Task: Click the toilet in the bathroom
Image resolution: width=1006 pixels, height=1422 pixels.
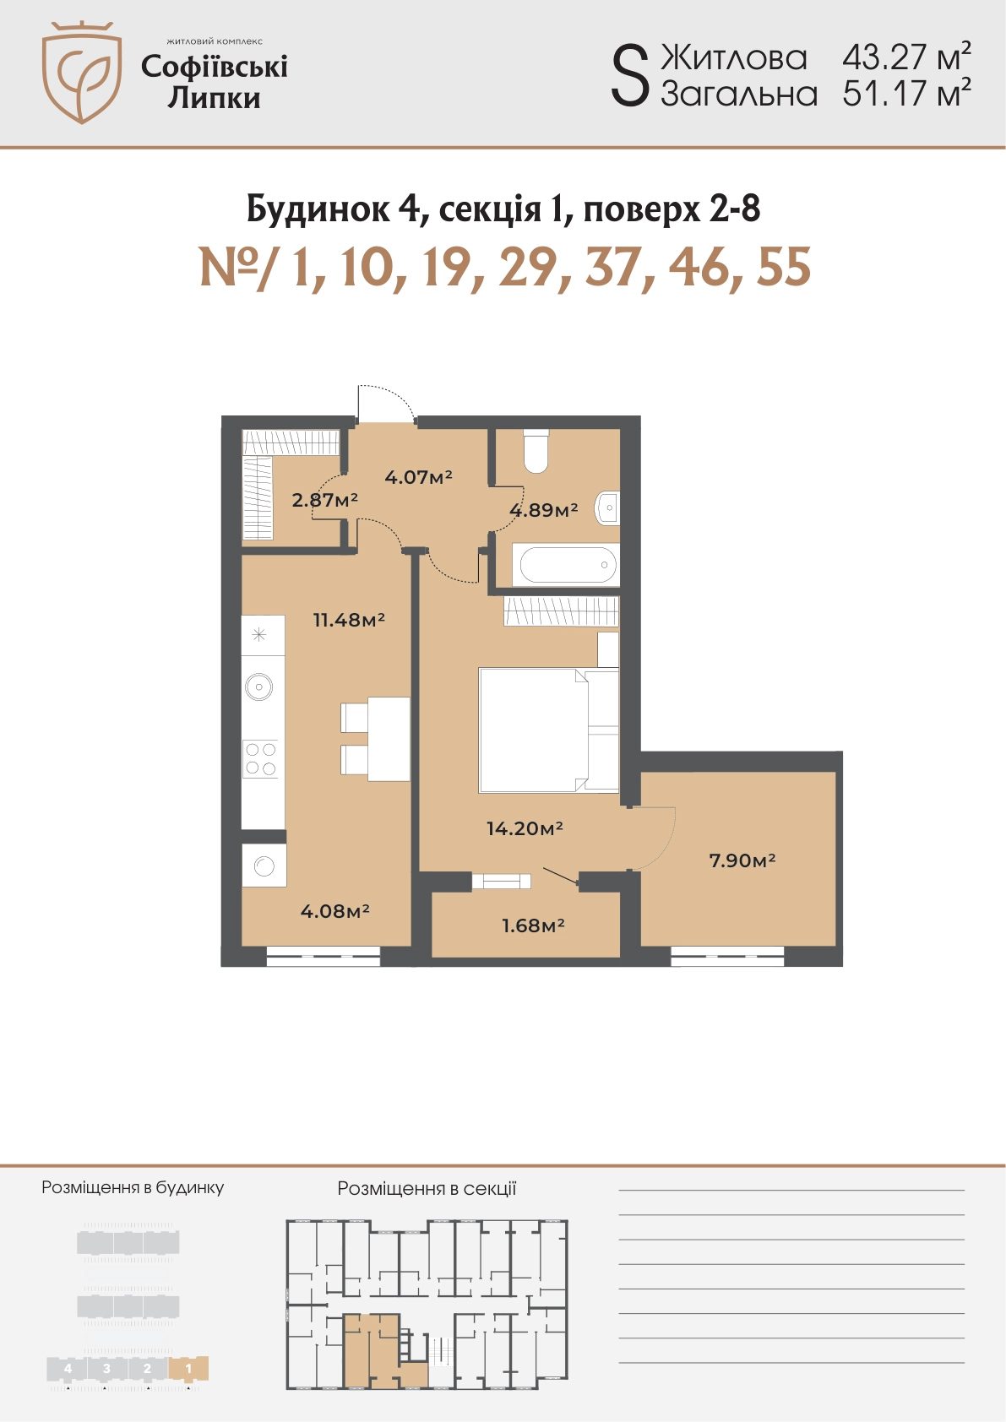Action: [536, 452]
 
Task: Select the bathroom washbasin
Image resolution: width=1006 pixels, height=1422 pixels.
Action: [607, 507]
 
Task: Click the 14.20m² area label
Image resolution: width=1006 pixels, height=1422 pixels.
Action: [525, 828]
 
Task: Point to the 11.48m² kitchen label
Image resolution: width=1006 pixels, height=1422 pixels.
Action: [350, 620]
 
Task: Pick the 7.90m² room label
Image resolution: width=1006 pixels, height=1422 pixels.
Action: [742, 860]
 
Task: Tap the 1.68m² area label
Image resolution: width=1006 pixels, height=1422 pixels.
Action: [534, 925]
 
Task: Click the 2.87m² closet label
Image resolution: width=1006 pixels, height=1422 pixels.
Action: [324, 500]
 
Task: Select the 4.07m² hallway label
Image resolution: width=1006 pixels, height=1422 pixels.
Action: [418, 476]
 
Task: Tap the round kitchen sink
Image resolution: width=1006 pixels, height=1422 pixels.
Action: [259, 687]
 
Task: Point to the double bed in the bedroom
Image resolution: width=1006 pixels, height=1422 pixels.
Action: [549, 730]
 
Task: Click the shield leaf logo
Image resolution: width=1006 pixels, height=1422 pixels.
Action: [82, 72]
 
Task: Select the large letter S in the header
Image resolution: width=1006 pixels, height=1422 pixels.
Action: [630, 77]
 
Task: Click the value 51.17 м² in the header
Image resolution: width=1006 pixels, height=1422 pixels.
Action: [906, 93]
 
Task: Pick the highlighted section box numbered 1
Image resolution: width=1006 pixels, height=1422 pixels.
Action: [188, 1369]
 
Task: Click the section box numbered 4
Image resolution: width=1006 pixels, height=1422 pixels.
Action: [68, 1369]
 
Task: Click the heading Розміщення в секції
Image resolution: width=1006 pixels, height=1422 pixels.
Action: [427, 1188]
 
